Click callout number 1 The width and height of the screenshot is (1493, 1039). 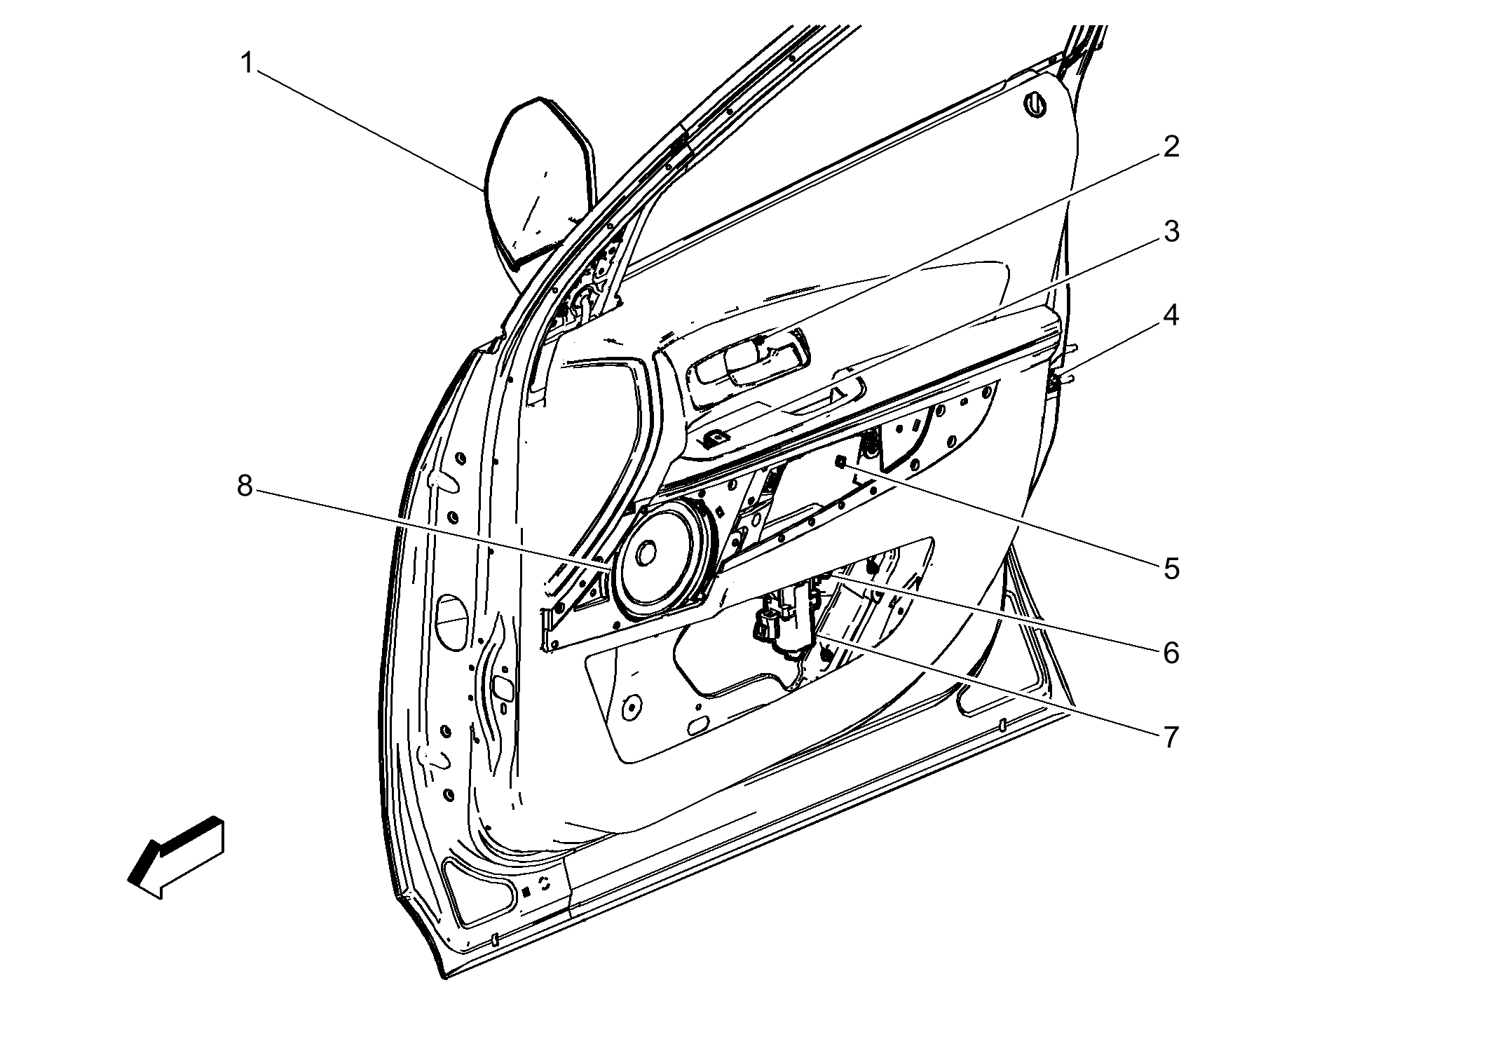(246, 64)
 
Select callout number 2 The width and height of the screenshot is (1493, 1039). (1171, 147)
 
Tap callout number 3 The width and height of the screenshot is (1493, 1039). (1171, 232)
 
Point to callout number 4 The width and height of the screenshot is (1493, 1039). (1171, 316)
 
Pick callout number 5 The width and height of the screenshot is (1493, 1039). (1171, 569)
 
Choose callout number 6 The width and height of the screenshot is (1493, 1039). (1171, 653)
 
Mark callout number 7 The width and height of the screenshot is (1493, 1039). (1171, 737)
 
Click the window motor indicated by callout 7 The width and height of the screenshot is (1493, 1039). (785, 617)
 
